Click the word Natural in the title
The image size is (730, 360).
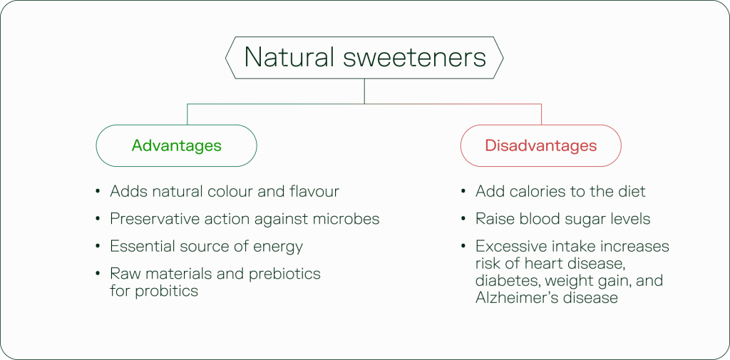[x=287, y=57]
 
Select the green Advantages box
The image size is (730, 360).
[x=176, y=145]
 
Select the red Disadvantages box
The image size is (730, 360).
[x=540, y=145]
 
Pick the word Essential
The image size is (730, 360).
[x=140, y=247]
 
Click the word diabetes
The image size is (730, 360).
[x=504, y=281]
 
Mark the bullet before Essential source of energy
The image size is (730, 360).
[x=97, y=247]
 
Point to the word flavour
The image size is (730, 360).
[x=310, y=191]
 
